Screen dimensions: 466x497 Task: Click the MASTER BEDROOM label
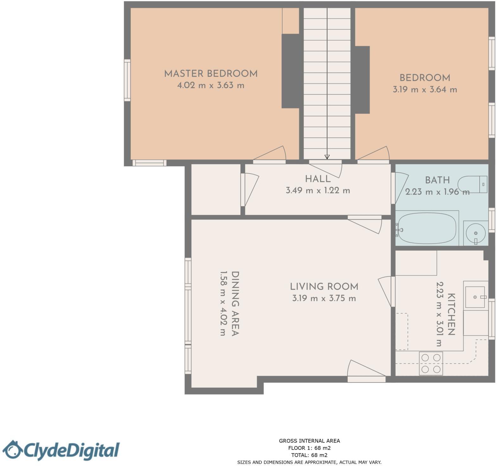pos(211,74)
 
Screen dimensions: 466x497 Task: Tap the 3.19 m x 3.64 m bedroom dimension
pos(424,90)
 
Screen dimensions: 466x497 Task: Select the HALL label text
pos(317,179)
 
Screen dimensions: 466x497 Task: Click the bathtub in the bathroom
pos(427,228)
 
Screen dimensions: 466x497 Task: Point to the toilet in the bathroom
pos(472,184)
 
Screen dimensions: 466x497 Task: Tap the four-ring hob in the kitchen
pos(431,363)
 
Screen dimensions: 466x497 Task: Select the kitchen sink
pos(475,297)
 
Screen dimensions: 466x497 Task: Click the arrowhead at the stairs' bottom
pos(327,157)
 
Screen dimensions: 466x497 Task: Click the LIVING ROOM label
pos(324,287)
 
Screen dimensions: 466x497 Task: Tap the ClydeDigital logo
pos(60,450)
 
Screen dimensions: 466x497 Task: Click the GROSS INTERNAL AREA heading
pos(309,441)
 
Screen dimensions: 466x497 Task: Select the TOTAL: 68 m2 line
pos(309,455)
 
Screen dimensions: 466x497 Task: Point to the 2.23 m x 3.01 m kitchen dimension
pos(439,314)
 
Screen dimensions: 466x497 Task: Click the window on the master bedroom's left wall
pos(127,80)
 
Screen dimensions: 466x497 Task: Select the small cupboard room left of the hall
pos(216,189)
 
